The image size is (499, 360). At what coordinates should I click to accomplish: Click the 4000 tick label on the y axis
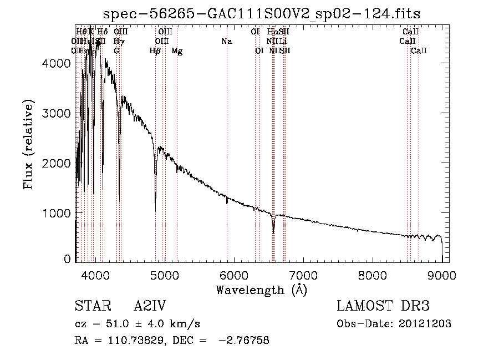coord(56,64)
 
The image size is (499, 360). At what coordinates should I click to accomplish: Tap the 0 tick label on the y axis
coord(67,259)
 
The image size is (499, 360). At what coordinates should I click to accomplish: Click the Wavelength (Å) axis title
coord(261,290)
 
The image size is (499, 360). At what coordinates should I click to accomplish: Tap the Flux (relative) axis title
coord(28,144)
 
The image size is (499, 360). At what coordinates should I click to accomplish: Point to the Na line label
coord(226,42)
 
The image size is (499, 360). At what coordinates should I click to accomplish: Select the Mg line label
coord(177,51)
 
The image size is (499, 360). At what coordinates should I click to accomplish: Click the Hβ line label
coord(155,51)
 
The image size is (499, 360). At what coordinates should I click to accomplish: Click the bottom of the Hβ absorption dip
coord(155,197)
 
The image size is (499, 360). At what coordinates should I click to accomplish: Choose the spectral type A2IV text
coord(150,307)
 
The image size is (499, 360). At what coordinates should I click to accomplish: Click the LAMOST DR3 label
coord(383,307)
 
